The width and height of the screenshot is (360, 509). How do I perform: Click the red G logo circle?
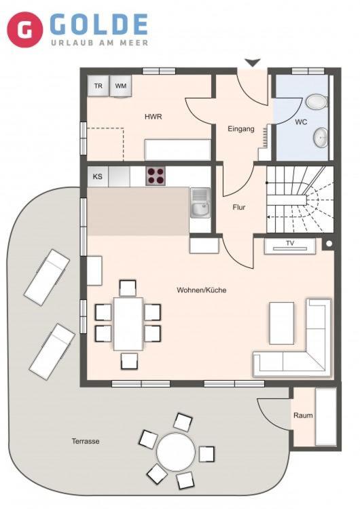coord(25,30)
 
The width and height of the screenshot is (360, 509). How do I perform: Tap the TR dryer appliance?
coord(98,86)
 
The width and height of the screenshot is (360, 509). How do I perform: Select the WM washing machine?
coord(121,86)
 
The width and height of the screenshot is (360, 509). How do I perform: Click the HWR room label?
coord(154,117)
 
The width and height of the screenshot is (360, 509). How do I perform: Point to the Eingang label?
coord(240,129)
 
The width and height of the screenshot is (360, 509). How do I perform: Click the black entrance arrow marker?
coord(253,62)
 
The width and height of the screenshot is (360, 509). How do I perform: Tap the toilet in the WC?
coord(317,102)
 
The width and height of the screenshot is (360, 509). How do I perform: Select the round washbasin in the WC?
coord(321,138)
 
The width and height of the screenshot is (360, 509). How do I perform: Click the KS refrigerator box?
coord(98,176)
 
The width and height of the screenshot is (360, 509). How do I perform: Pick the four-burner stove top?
coord(156,176)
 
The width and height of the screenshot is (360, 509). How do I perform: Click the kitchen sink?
coord(200,203)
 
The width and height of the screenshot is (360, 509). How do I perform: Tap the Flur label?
coord(239,207)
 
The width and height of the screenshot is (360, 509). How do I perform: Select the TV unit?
coord(289,246)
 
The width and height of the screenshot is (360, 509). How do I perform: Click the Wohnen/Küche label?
coord(202,290)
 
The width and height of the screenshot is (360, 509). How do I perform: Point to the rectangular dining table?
coord(128,324)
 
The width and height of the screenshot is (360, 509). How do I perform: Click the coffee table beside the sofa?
coord(282,323)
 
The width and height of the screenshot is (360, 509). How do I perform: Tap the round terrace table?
coord(176,453)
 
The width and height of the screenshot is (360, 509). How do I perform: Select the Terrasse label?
coord(86,441)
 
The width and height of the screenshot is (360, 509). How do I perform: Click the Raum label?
coord(303,415)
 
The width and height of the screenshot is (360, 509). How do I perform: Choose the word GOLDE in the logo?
coord(98,24)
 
